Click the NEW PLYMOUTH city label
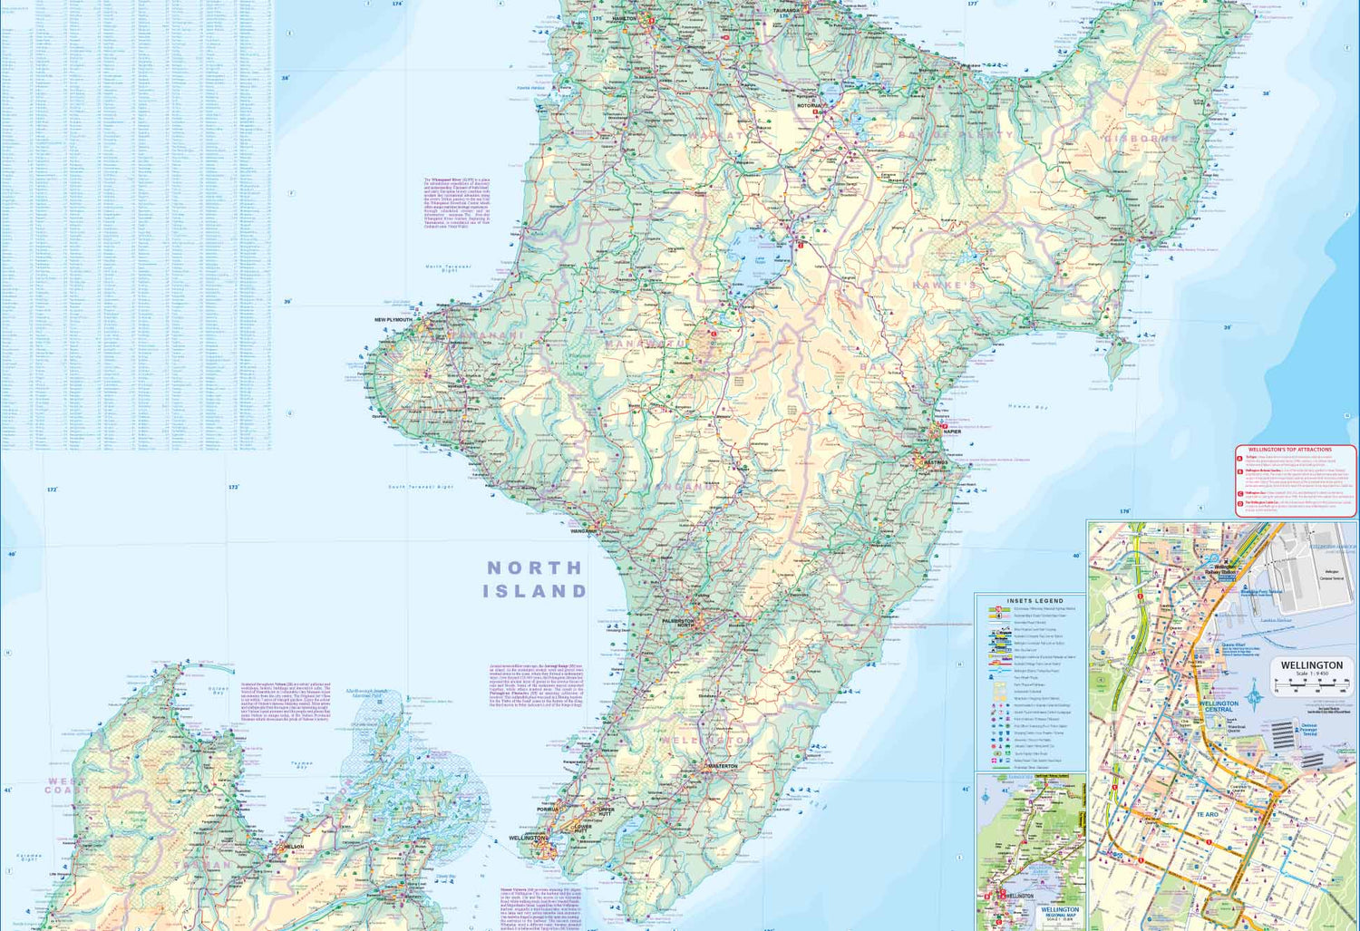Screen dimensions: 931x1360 pyautogui.click(x=393, y=320)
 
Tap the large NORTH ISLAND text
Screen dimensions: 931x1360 pyautogui.click(x=535, y=579)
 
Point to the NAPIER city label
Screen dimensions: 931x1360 pyautogui.click(x=952, y=432)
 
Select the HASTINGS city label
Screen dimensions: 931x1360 pyautogui.click(x=936, y=462)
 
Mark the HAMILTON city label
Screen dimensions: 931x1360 pyautogui.click(x=625, y=18)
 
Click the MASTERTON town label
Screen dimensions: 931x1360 pyautogui.click(x=723, y=766)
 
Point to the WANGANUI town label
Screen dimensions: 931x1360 pyautogui.click(x=583, y=531)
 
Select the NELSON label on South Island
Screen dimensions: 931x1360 pyautogui.click(x=294, y=847)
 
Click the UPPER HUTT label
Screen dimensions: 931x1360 pyautogui.click(x=607, y=810)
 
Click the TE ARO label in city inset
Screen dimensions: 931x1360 pyautogui.click(x=1207, y=815)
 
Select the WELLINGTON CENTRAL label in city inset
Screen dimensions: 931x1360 pyautogui.click(x=1218, y=706)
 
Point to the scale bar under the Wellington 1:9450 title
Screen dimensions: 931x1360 pyautogui.click(x=1311, y=686)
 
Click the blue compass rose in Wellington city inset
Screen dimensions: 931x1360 pyautogui.click(x=1254, y=696)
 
